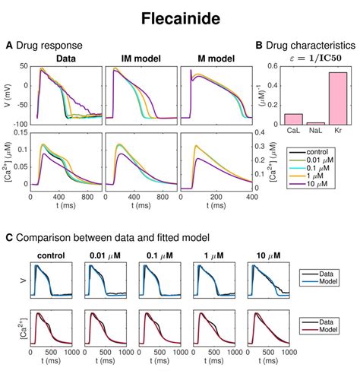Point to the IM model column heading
click(x=141, y=58)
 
